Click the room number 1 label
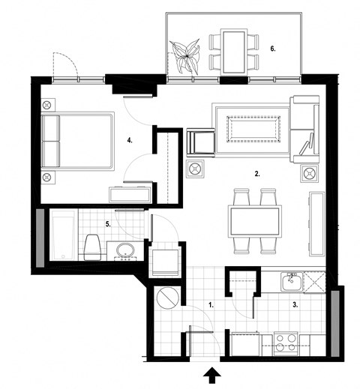point(211,306)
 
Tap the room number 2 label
point(257,173)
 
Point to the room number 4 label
point(130,139)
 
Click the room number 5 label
point(108,223)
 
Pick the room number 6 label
point(274,49)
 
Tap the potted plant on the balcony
point(184,56)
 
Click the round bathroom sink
point(125,250)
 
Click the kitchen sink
point(290,282)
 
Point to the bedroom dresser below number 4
point(132,195)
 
